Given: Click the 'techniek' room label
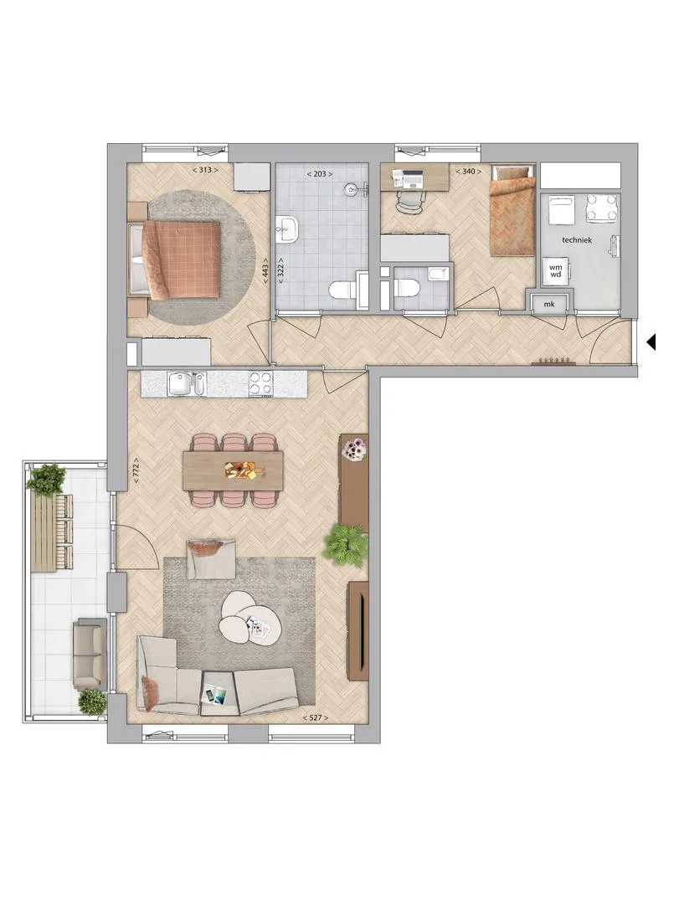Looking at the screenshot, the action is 576,240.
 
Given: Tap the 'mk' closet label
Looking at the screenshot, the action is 549,304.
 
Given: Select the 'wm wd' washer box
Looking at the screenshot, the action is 556,271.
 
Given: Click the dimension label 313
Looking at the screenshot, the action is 205,170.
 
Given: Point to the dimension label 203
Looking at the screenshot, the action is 320,173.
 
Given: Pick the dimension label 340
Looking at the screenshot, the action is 468,172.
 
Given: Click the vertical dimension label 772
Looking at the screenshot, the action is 136,469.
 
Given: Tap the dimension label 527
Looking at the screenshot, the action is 316,718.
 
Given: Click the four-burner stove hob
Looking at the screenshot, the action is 260,383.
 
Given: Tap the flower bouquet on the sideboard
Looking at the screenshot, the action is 354,449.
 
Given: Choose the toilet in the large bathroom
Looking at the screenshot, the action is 344,288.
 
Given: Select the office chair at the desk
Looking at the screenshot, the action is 409,202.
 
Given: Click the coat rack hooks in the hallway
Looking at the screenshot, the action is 553,362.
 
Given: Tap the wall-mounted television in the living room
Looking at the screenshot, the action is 358,631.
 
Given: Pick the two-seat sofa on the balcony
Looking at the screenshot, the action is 90,653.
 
